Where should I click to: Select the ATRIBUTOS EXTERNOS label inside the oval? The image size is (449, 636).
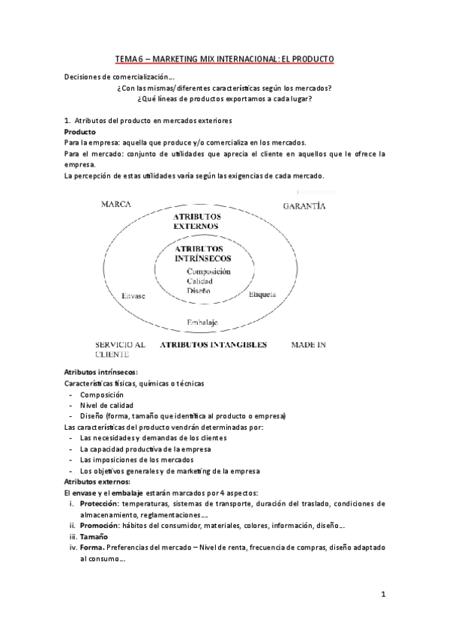tap(195, 220)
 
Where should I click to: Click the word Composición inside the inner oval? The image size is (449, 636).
tap(208, 271)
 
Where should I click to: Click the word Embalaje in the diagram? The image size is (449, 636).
tap(202, 322)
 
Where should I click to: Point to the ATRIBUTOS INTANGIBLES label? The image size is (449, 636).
tap(213, 346)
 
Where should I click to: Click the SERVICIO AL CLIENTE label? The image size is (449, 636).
tap(120, 350)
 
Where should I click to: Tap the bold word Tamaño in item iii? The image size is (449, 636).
tap(95, 537)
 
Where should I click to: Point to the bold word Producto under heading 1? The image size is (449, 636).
tap(80, 132)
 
